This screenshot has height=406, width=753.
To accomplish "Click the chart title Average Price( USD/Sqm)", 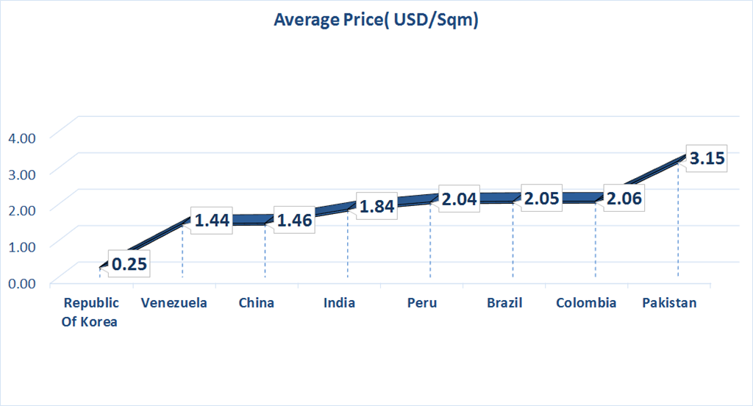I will click(376, 20).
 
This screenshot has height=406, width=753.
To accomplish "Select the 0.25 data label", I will click(129, 263).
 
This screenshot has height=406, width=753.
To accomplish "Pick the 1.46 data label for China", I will click(294, 219).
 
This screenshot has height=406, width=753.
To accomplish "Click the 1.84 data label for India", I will click(377, 207).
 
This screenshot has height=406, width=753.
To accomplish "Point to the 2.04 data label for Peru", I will click(460, 199).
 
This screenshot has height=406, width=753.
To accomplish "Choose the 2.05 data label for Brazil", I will click(542, 198).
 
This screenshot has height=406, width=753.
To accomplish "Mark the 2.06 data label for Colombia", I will click(624, 198).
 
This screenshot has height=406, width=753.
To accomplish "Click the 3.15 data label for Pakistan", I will click(707, 158).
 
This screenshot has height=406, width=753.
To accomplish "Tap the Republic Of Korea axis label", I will click(90, 311).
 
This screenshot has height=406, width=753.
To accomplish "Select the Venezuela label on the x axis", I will click(174, 302).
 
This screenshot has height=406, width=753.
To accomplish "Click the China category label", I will click(257, 302).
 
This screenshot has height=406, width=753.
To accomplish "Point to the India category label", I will click(339, 302).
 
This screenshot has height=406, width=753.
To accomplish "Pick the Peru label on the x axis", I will click(421, 302).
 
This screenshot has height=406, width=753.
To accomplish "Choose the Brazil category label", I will click(504, 302).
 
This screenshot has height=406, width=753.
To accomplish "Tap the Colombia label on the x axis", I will click(586, 302).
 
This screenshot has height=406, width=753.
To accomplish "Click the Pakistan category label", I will click(669, 302).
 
